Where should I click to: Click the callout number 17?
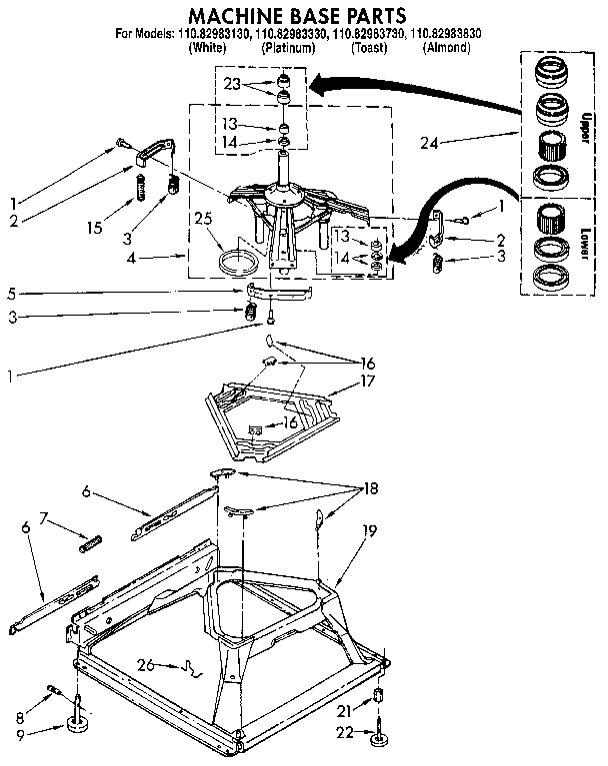368,381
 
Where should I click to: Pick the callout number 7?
43,517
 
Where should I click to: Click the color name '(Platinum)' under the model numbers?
283,47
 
